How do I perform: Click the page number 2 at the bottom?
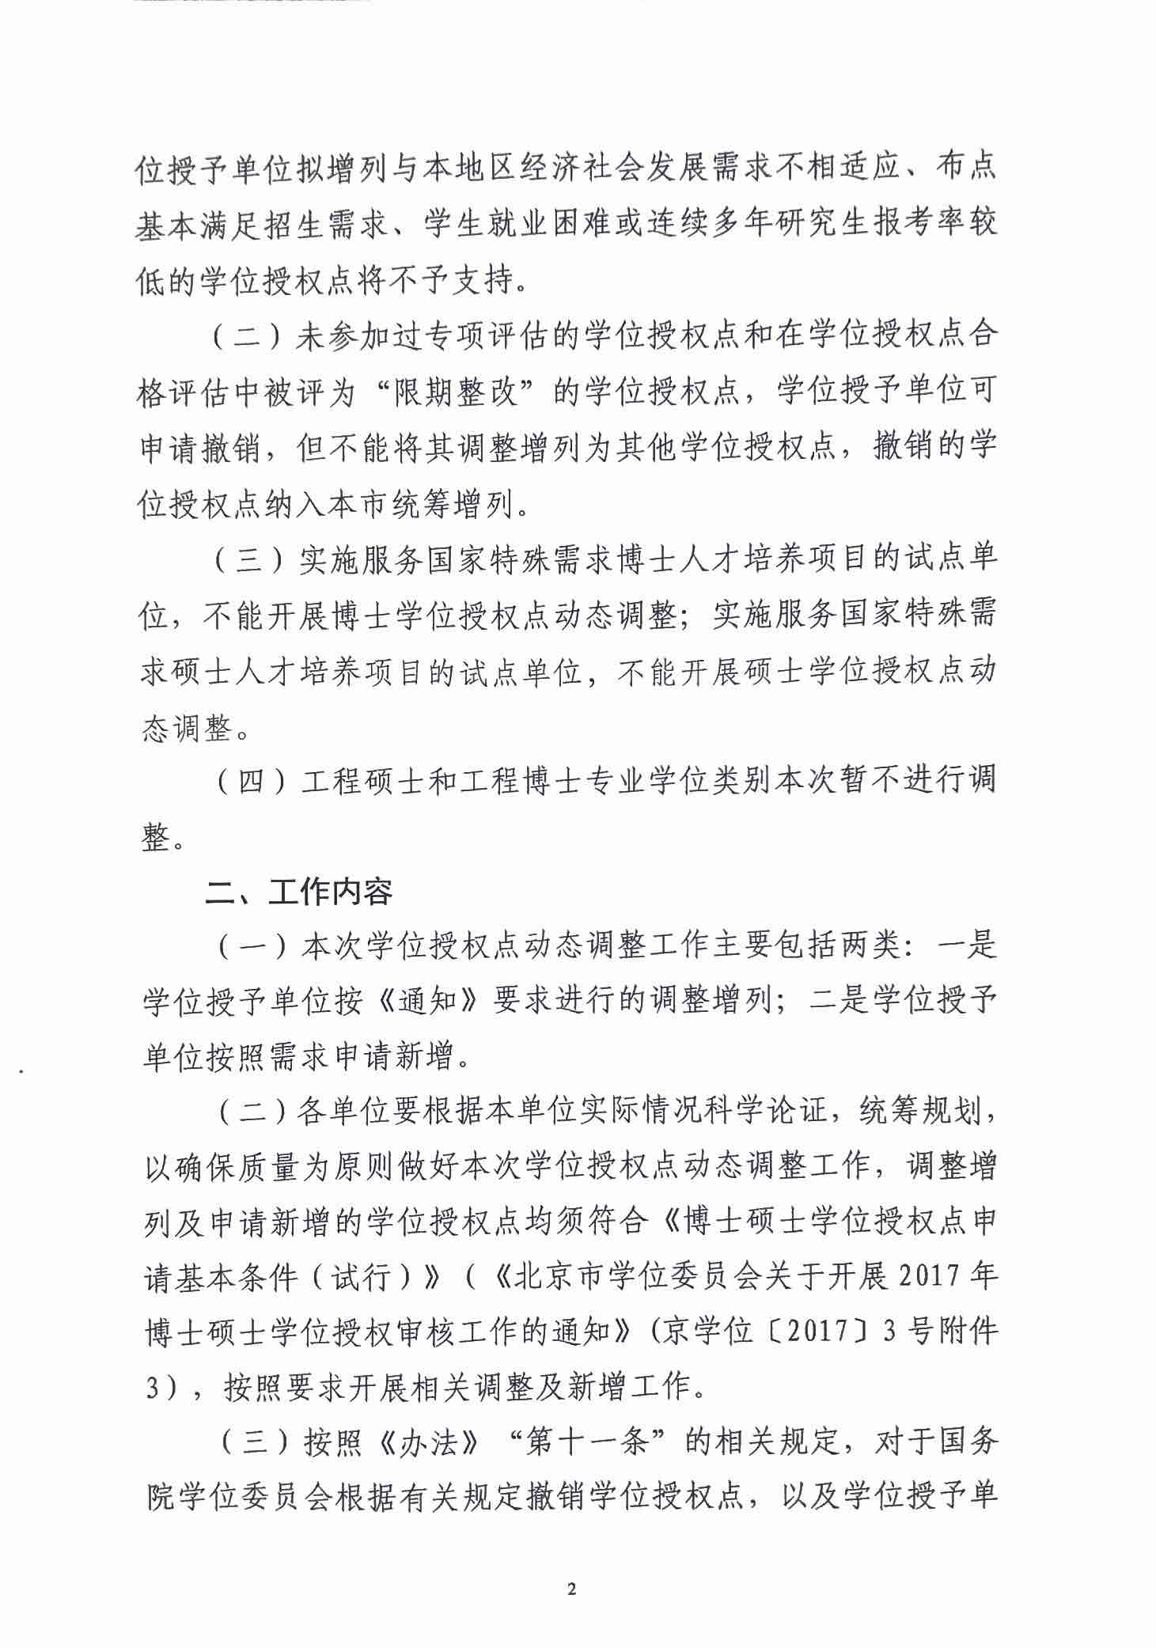[x=575, y=1589]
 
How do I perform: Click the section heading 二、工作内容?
[x=299, y=892]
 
